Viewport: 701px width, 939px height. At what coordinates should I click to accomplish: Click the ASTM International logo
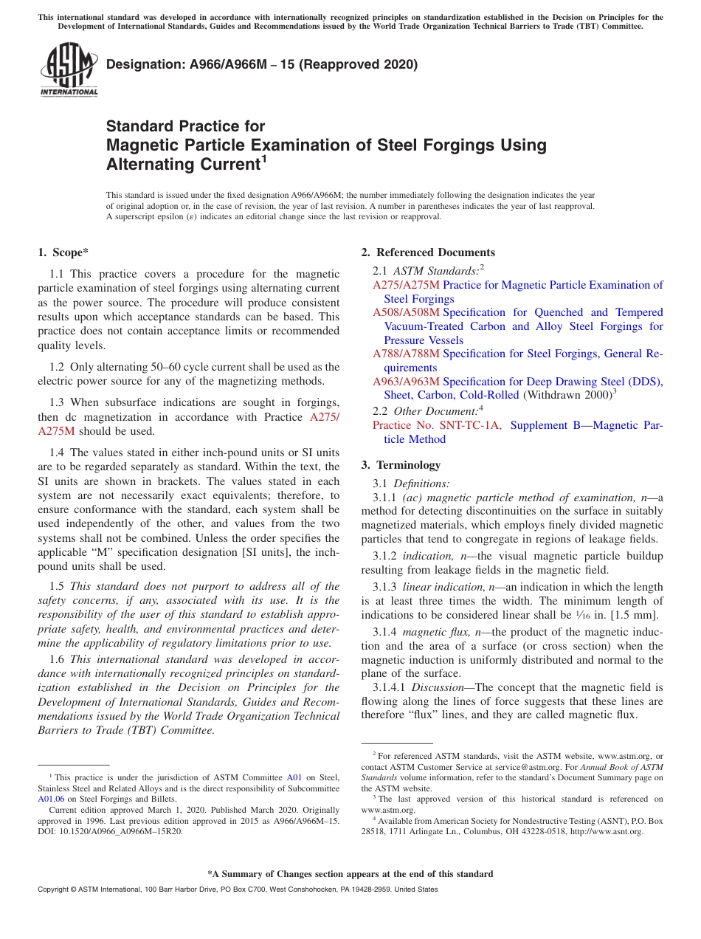pyautogui.click(x=69, y=69)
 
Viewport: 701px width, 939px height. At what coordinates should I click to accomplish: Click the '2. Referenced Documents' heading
pyautogui.click(x=428, y=252)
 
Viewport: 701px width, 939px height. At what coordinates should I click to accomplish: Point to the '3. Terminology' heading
pyautogui.click(x=401, y=465)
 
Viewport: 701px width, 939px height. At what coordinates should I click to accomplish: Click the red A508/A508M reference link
pyautogui.click(x=406, y=312)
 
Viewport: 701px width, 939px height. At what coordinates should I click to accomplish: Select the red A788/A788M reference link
pyautogui.click(x=406, y=354)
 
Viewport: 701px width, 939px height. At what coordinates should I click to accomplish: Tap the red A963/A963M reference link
pyautogui.click(x=406, y=382)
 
